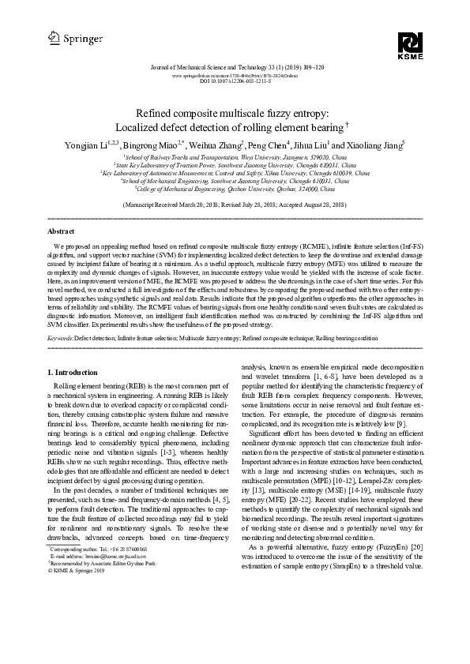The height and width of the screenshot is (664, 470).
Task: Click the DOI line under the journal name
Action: pyautogui.click(x=235, y=81)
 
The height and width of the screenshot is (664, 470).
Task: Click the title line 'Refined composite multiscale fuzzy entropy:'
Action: pyautogui.click(x=235, y=114)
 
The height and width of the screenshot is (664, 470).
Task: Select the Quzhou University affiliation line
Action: pyautogui.click(x=235, y=189)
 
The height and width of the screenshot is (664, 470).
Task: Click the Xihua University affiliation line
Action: pyautogui.click(x=235, y=172)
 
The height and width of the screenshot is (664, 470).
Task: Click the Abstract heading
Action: pyautogui.click(x=62, y=231)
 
